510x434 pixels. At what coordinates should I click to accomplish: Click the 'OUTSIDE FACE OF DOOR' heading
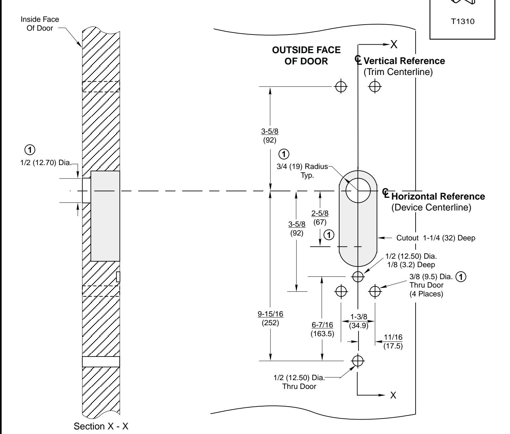point(306,56)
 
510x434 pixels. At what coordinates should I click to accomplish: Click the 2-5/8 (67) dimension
point(320,218)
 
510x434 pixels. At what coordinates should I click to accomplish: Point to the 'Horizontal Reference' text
point(438,196)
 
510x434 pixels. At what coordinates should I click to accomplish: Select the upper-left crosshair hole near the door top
point(341,86)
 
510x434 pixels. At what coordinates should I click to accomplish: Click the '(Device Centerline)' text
point(431,208)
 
